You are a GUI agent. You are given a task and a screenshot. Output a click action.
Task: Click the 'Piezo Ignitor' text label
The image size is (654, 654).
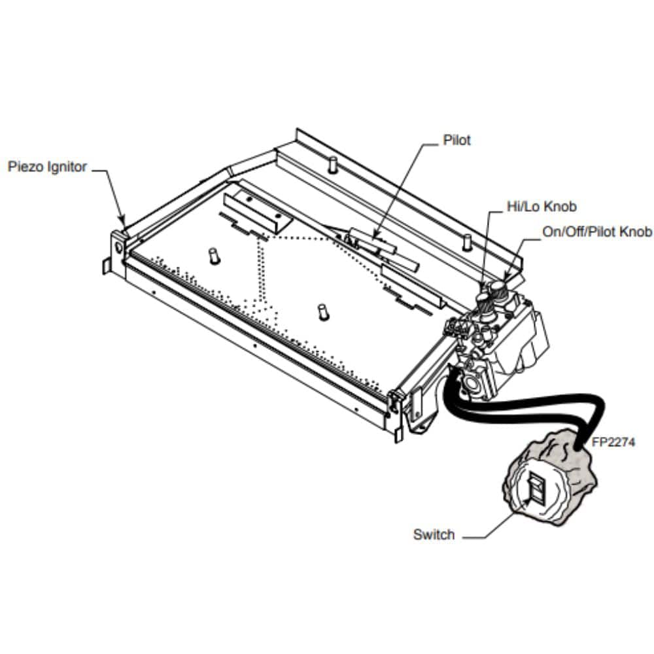47,167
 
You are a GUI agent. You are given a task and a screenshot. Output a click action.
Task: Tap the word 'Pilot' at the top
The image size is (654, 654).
456,140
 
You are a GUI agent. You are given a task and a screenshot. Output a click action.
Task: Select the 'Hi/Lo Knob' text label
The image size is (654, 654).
542,207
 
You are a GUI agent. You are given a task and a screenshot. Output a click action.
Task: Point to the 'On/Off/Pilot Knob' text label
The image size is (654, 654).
597,232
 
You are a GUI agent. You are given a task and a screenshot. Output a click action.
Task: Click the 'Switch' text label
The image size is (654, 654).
433,534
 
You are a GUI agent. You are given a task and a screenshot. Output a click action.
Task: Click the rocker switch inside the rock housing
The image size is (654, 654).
536,490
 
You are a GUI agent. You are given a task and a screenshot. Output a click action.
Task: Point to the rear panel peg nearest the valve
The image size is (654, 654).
466,241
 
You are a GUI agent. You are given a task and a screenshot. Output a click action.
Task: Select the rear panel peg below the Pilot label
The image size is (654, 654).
332,163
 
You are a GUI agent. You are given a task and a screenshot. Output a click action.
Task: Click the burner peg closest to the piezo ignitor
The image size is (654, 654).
213,255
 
